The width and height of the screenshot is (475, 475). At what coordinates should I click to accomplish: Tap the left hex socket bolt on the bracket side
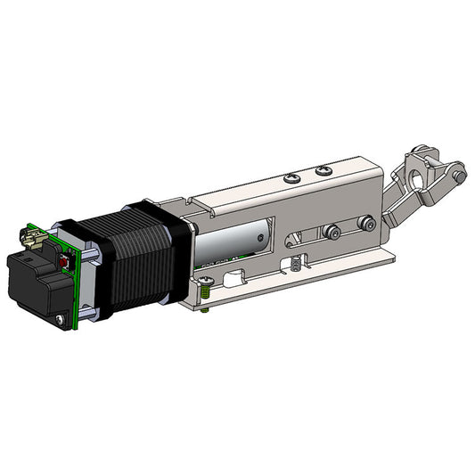pyautogui.click(x=331, y=233)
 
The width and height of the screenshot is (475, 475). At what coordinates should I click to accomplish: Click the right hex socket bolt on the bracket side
pyautogui.click(x=364, y=223)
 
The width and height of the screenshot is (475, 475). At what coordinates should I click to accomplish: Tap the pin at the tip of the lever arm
pyautogui.click(x=458, y=177)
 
